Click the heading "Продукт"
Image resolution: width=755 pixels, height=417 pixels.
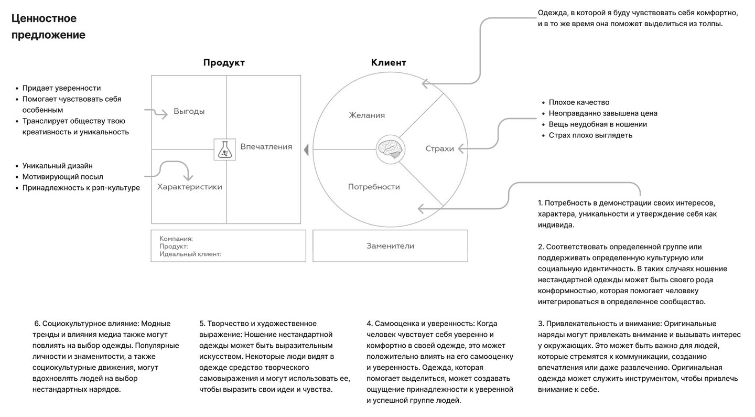click(x=224, y=63)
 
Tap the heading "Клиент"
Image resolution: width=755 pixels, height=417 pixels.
click(x=389, y=63)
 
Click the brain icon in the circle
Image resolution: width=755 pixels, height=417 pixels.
click(x=390, y=149)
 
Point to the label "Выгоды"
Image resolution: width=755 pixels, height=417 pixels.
click(x=189, y=112)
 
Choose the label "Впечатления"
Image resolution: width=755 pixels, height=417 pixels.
click(x=266, y=147)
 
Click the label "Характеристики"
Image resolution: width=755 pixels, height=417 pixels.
click(x=190, y=187)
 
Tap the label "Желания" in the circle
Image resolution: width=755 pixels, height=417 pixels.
click(x=367, y=115)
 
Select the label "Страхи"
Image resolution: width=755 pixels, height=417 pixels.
click(x=439, y=149)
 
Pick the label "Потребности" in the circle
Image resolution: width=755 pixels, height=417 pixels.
click(x=374, y=187)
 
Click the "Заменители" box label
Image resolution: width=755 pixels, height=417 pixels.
click(x=390, y=246)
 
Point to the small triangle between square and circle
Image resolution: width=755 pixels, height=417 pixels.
click(x=306, y=150)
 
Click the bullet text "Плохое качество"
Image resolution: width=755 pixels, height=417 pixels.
click(x=579, y=102)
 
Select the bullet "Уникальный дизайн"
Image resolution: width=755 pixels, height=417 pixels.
click(x=58, y=166)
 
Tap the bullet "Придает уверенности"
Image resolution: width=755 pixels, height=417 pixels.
click(x=61, y=88)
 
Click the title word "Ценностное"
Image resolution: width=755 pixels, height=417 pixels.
click(x=44, y=19)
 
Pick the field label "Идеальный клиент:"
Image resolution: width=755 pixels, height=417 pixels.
click(x=190, y=254)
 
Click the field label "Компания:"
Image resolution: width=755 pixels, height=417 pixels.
click(x=176, y=239)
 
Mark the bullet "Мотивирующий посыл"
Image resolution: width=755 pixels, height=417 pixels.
click(x=62, y=177)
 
